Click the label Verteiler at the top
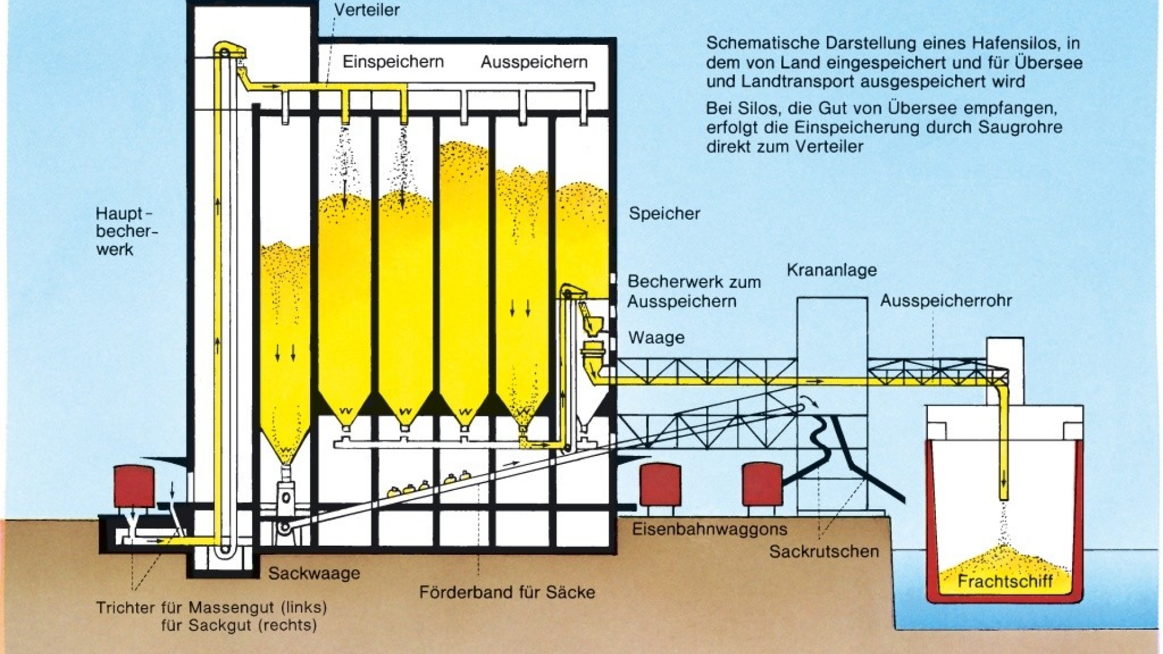367,10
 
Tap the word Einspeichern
393,62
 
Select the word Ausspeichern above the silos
534,62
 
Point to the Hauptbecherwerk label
126,231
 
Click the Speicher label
664,213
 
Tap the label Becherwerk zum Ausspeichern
694,291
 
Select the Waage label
656,337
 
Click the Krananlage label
832,270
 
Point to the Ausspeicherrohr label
946,300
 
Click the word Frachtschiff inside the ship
1005,582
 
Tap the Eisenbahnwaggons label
709,529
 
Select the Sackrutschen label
823,552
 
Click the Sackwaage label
314,573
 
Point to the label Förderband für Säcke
506,592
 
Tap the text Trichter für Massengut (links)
211,607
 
